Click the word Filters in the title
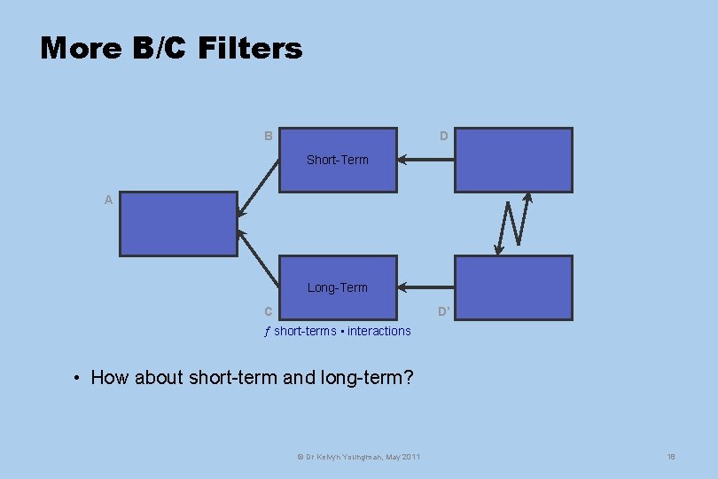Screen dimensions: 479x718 (x=250, y=48)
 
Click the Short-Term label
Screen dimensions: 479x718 (x=337, y=160)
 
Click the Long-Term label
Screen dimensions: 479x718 (x=337, y=287)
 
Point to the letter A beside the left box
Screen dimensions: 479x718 (x=108, y=200)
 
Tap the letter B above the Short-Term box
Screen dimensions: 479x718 (x=268, y=137)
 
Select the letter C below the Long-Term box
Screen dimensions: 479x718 (x=268, y=311)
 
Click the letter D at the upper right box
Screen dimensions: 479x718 (x=443, y=137)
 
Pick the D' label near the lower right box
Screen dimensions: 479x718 (x=444, y=311)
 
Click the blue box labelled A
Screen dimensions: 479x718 (x=178, y=224)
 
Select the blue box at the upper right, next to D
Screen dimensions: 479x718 (x=513, y=160)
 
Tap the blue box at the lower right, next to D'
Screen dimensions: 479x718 (x=513, y=287)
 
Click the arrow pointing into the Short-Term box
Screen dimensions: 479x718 (x=425, y=161)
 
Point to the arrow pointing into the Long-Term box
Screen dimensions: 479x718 (x=425, y=287)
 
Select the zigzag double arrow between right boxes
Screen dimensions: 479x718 (x=514, y=224)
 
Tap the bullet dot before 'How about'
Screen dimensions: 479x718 (x=79, y=379)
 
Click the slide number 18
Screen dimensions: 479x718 (x=671, y=457)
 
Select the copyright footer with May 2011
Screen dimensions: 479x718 (x=358, y=457)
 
